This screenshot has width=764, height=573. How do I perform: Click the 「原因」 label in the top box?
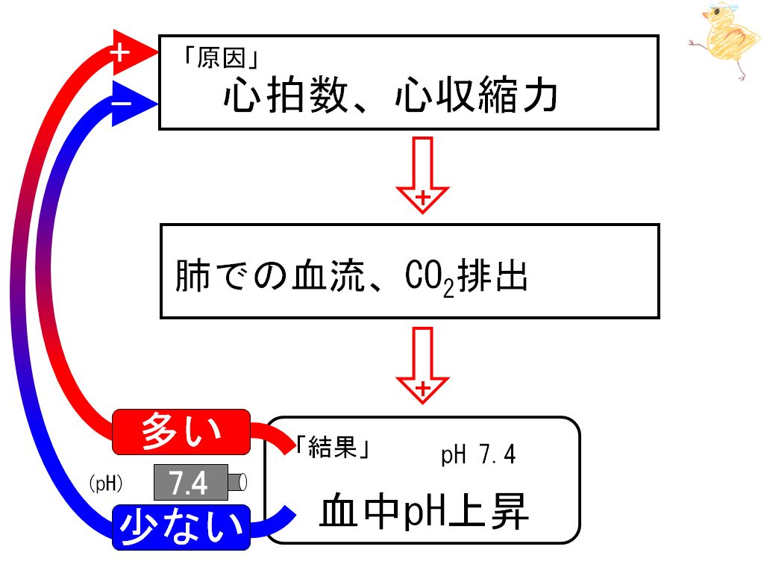click(220, 58)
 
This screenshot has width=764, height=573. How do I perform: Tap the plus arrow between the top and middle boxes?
click(422, 175)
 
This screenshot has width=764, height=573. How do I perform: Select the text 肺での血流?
click(270, 276)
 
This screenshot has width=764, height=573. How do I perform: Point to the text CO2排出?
click(466, 277)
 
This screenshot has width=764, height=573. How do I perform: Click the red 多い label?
click(181, 432)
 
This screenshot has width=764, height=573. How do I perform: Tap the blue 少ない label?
click(181, 527)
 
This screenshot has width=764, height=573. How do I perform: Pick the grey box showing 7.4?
click(191, 483)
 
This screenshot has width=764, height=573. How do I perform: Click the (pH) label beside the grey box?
click(106, 483)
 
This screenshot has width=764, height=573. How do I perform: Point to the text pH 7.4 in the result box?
click(478, 455)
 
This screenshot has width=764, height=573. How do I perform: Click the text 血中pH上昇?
click(424, 512)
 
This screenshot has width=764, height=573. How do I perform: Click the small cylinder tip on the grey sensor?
click(237, 483)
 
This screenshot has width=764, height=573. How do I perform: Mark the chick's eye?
click(717, 11)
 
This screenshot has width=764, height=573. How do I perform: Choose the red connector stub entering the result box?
click(275, 436)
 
